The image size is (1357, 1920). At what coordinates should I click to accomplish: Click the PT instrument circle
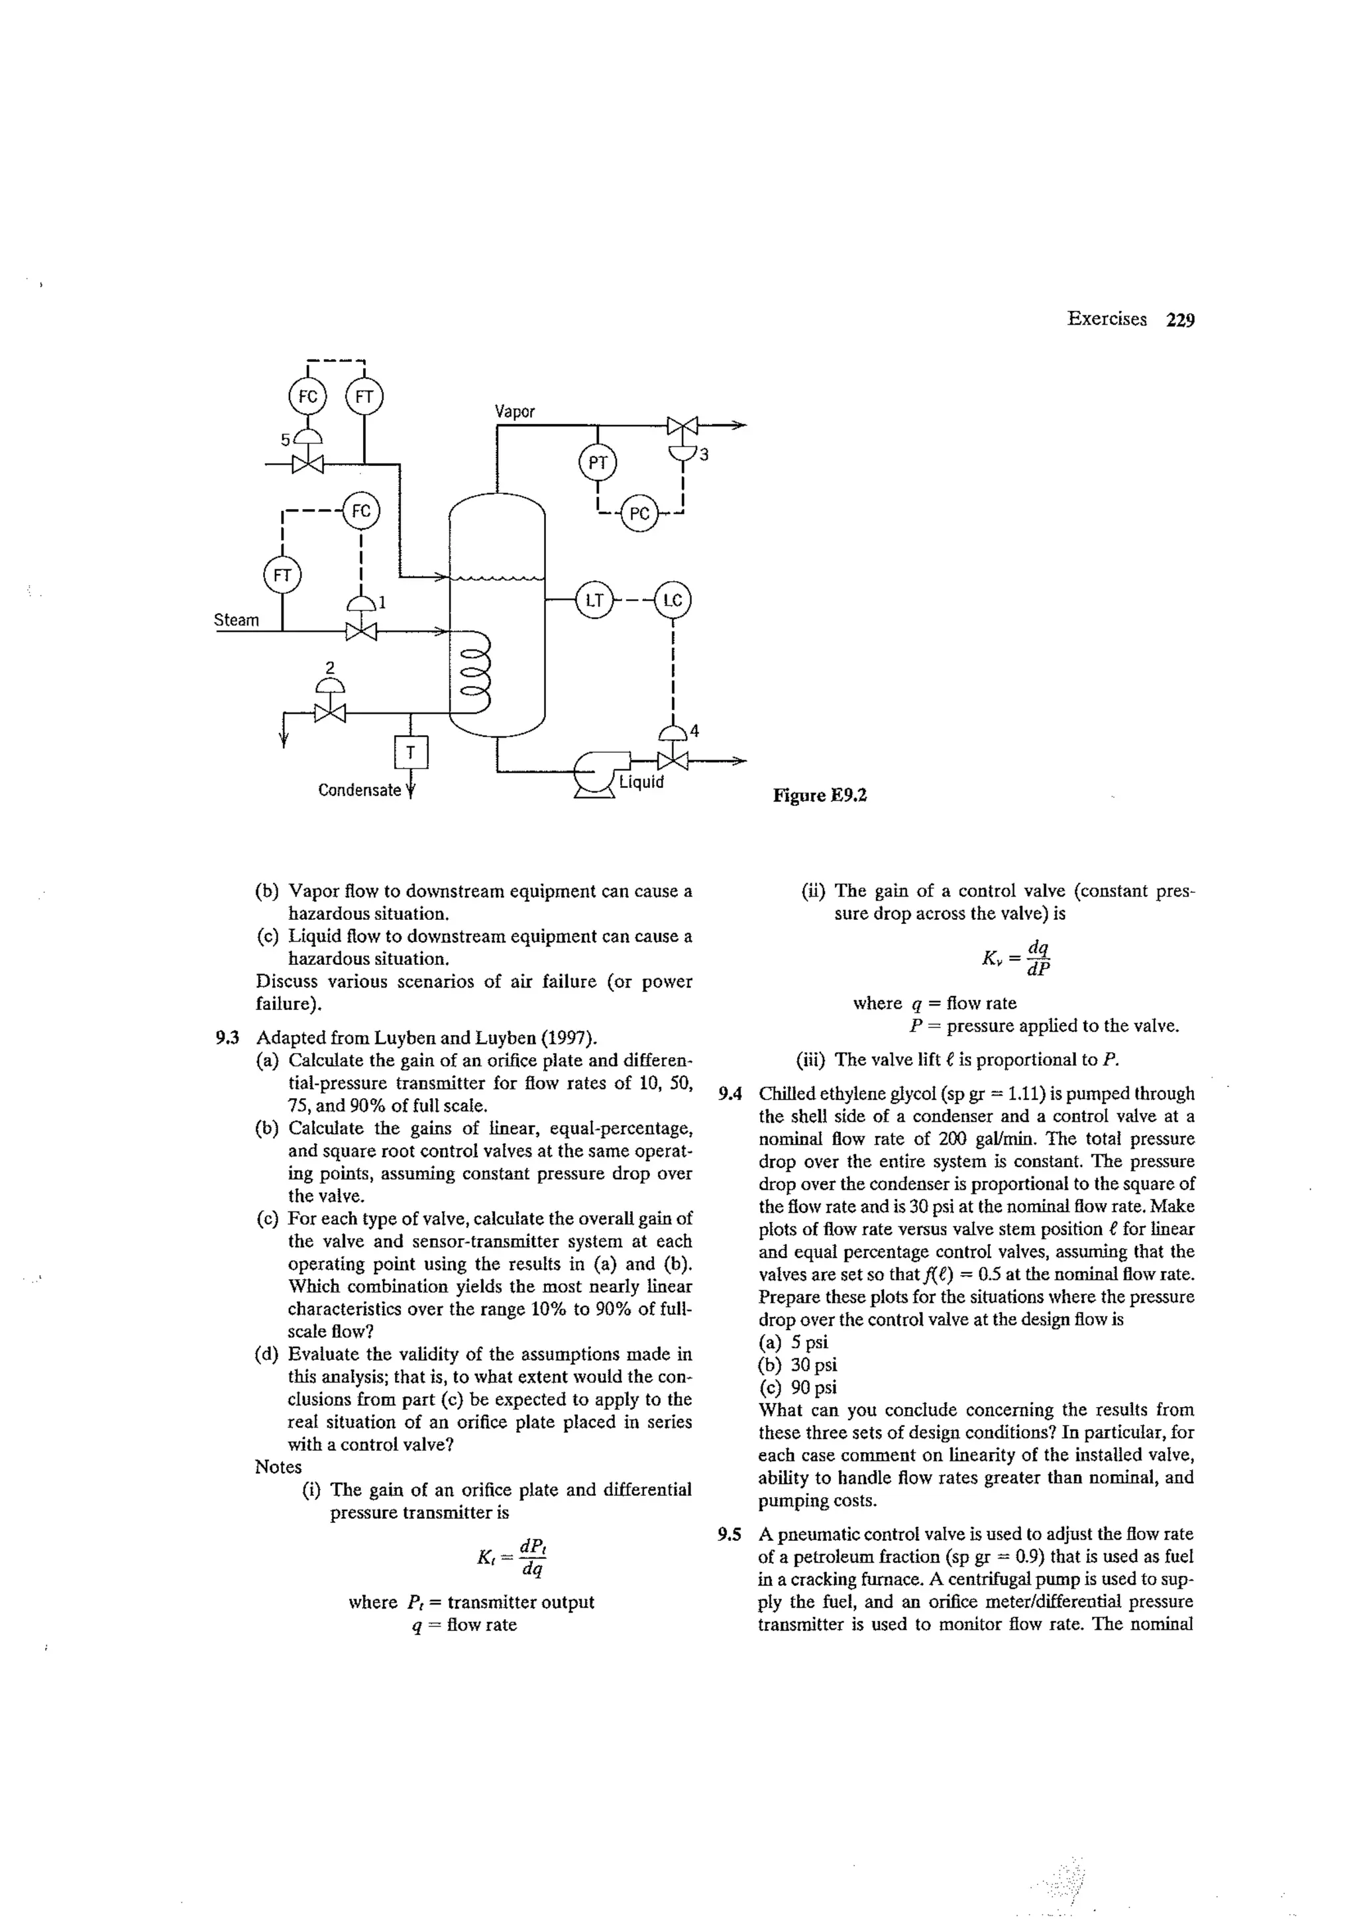(597, 463)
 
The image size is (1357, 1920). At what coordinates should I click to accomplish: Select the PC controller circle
(639, 512)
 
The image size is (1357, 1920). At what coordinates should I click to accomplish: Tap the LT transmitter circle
(594, 600)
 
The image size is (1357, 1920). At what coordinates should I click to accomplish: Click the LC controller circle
(673, 600)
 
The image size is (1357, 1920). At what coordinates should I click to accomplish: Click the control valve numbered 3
(683, 426)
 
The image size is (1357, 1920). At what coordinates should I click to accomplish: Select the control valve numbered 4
(673, 760)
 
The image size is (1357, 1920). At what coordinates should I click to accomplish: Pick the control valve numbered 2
(330, 712)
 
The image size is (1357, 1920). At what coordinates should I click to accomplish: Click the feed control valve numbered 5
(307, 463)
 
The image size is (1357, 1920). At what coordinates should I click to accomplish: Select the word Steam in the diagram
(237, 620)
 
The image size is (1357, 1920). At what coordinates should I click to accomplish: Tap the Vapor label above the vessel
(514, 411)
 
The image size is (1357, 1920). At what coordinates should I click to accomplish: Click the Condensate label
(360, 789)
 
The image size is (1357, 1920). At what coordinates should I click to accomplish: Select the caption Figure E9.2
(820, 795)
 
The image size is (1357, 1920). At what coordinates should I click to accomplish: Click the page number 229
(1179, 319)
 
